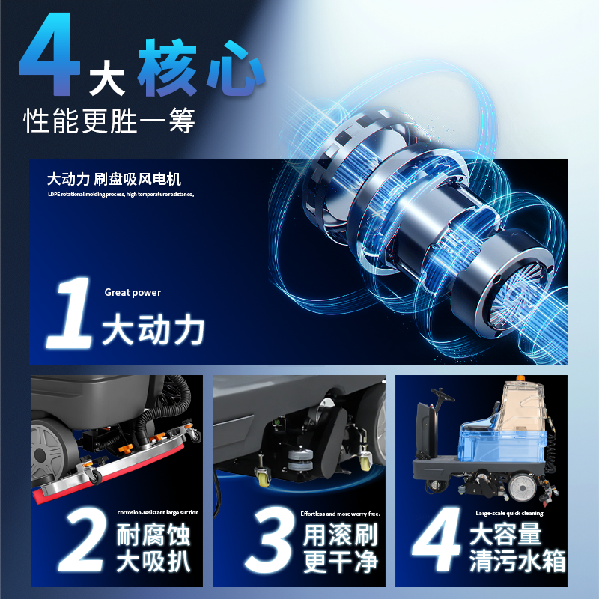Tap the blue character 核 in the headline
[167, 67]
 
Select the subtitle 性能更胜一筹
[109, 121]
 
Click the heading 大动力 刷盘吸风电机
[114, 179]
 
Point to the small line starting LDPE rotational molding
[121, 195]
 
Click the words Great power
[133, 293]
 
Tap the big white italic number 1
[70, 312]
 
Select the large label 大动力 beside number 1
[153, 329]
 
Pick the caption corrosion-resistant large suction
[158, 512]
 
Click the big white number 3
[270, 540]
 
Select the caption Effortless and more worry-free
[341, 514]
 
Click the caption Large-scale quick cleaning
[509, 513]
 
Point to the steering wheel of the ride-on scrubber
[443, 395]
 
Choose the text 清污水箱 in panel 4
[517, 561]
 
